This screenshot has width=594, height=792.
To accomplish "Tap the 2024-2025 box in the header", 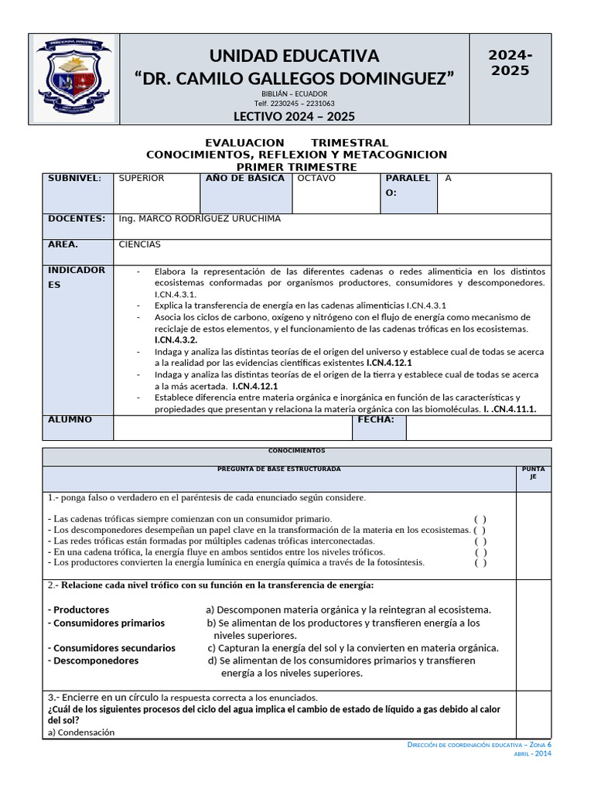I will (510, 63).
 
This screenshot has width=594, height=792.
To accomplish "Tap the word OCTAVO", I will (316, 179).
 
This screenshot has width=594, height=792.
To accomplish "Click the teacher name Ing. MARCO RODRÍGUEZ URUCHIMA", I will (200, 219).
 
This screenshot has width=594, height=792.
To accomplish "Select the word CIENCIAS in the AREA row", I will (140, 244).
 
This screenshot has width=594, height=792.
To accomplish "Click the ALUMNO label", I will (70, 420).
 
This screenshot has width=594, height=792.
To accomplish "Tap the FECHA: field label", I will (376, 420).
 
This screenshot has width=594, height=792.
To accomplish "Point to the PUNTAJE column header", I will (533, 473).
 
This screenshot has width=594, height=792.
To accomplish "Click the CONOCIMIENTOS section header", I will (297, 451).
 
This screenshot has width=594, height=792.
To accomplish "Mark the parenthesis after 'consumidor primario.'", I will (480, 519).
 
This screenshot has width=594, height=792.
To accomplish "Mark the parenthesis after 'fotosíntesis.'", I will (480, 563).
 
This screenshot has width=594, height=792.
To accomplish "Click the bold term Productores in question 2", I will (79, 610).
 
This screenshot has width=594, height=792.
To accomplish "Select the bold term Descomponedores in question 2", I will (94, 661).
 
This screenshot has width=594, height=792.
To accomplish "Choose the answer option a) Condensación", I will (81, 732).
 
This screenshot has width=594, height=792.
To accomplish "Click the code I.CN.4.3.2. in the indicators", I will (176, 340).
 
